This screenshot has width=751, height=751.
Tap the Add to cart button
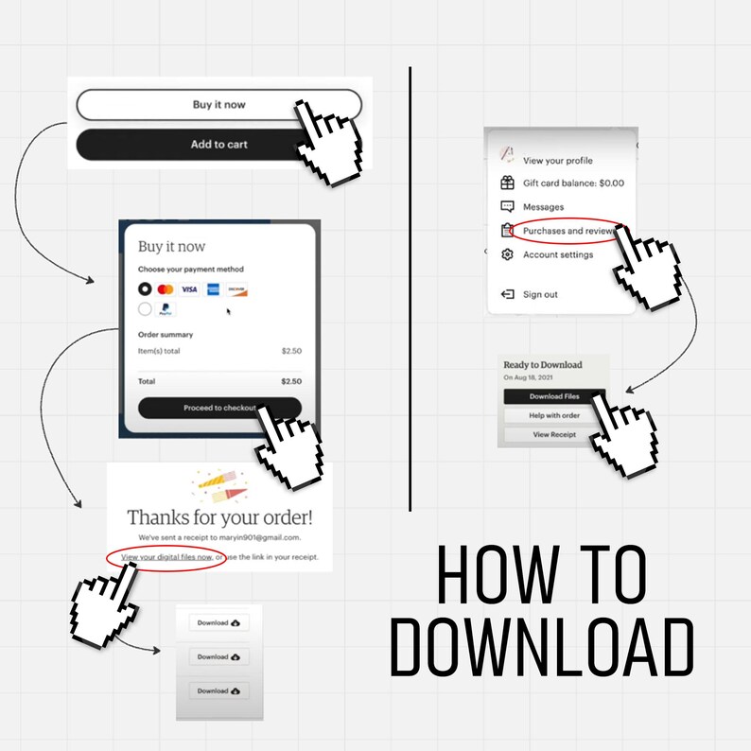pyautogui.click(x=218, y=145)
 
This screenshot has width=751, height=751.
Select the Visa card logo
pyautogui.click(x=189, y=289)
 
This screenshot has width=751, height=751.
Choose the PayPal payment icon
pyautogui.click(x=166, y=308)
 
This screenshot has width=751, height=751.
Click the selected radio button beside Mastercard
pyautogui.click(x=145, y=289)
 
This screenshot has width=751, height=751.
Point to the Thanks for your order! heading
pyautogui.click(x=219, y=517)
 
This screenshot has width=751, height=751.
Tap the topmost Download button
pyautogui.click(x=218, y=622)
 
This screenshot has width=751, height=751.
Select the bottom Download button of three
pyautogui.click(x=218, y=690)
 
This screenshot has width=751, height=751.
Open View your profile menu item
pyautogui.click(x=557, y=161)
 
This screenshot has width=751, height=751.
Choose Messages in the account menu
pyautogui.click(x=543, y=207)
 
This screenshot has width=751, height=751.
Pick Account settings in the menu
pyautogui.click(x=558, y=254)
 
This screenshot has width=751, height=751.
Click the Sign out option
pyautogui.click(x=540, y=294)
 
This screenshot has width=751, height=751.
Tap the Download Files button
pyautogui.click(x=554, y=396)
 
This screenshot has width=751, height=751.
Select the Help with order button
pyautogui.click(x=554, y=415)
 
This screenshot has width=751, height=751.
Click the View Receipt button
pyautogui.click(x=554, y=435)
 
